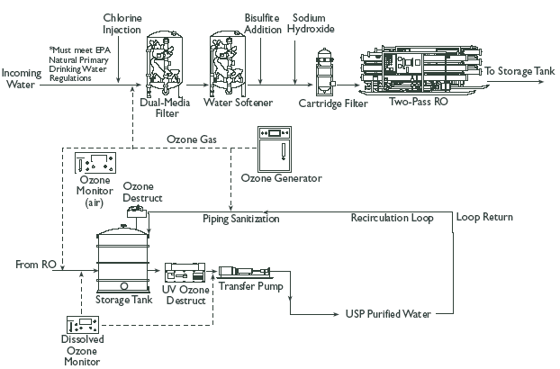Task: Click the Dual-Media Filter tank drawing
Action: [x=165, y=63]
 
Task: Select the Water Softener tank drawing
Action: [x=227, y=63]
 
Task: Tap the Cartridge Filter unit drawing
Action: [x=325, y=72]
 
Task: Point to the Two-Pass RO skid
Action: [x=421, y=70]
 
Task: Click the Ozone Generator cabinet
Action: [x=275, y=149]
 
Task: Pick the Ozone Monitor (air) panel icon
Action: [x=95, y=163]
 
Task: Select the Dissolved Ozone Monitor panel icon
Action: [x=83, y=325]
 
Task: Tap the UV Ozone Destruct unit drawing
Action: [x=185, y=273]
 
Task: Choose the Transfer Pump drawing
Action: [x=245, y=272]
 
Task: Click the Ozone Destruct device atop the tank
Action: [x=136, y=211]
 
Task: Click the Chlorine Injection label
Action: [x=122, y=23]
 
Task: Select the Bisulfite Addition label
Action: [x=263, y=23]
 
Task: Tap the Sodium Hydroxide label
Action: [x=311, y=23]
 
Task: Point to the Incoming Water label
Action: [x=22, y=79]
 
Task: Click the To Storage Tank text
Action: [x=519, y=71]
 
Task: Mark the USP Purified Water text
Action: [x=388, y=314]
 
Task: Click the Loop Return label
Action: [x=484, y=217]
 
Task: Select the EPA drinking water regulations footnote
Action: [x=79, y=64]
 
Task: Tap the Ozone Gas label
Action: [x=192, y=139]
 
